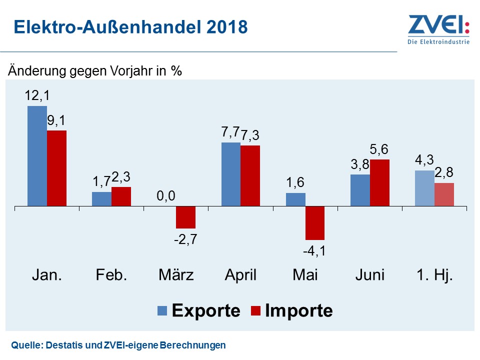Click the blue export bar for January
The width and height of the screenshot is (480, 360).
(x=37, y=155)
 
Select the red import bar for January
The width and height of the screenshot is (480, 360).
(x=56, y=168)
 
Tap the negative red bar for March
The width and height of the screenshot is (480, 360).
(x=185, y=217)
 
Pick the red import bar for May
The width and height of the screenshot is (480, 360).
(x=315, y=223)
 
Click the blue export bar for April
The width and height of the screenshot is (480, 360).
(x=231, y=174)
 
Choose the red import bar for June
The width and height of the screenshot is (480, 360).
(x=379, y=182)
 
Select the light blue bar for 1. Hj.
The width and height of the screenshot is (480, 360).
(x=425, y=188)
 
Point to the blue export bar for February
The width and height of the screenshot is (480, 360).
(x=101, y=199)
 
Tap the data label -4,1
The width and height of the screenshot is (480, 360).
(x=315, y=250)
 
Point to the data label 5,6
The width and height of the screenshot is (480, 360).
(x=379, y=149)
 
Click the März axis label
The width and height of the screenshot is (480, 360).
(x=176, y=275)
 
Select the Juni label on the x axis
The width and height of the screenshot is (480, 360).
(x=370, y=275)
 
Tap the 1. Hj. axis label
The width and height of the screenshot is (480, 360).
(x=434, y=275)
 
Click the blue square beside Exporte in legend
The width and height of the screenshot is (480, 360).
(x=163, y=310)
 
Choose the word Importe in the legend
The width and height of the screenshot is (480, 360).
(x=298, y=310)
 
